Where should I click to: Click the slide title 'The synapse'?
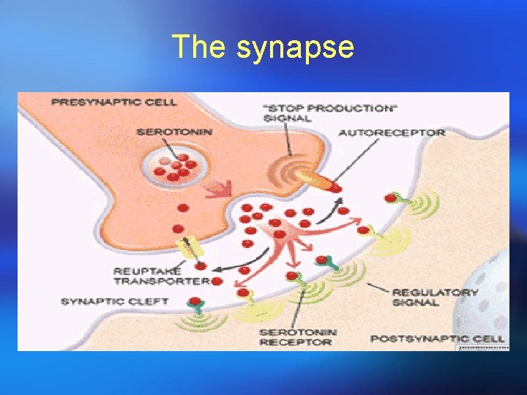[263, 48]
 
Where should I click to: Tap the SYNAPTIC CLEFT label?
[114, 301]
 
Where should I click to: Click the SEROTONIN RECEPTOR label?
[297, 336]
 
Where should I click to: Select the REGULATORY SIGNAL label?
[435, 297]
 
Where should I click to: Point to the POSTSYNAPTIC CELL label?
[438, 339]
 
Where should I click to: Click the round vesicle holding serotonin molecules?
[175, 165]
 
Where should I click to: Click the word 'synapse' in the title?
[295, 48]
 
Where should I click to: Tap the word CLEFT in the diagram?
[150, 301]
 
